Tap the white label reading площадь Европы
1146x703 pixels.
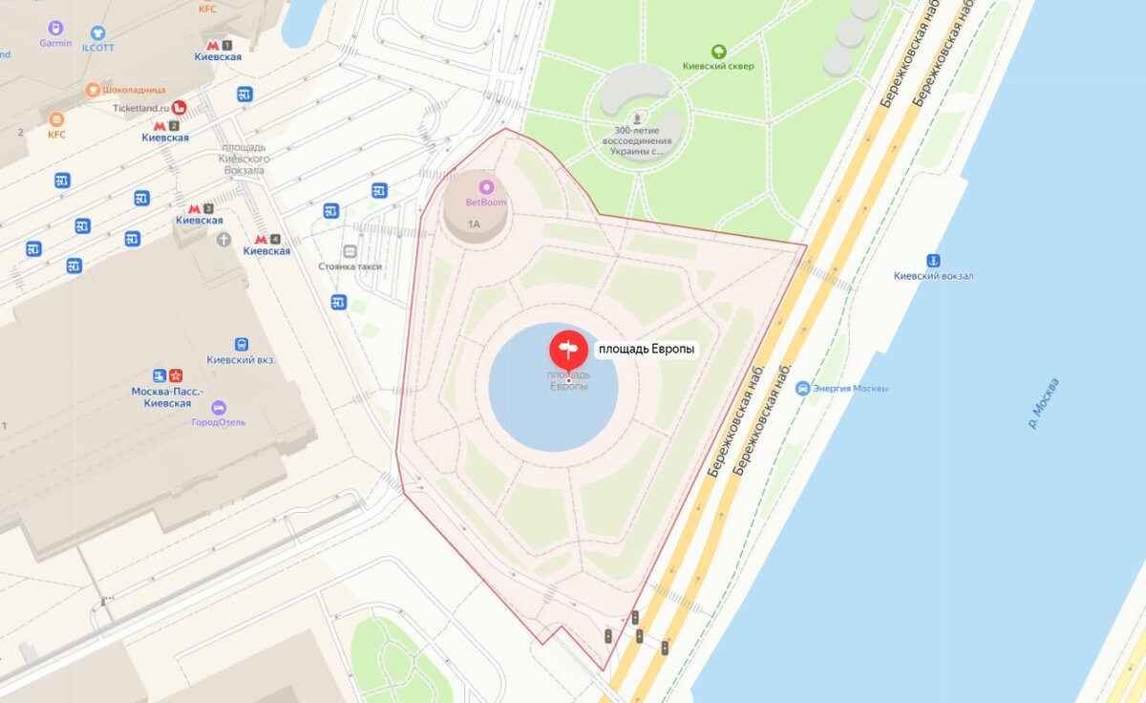pyautogui.click(x=647, y=350)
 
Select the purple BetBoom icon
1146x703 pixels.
pyautogui.click(x=486, y=187)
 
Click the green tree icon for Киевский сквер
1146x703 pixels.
pyautogui.click(x=718, y=51)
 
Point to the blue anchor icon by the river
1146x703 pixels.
pyautogui.click(x=933, y=261)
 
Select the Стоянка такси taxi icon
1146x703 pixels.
pyautogui.click(x=350, y=251)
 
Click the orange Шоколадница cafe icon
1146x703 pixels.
pyautogui.click(x=93, y=90)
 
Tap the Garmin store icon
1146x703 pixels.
pyautogui.click(x=55, y=29)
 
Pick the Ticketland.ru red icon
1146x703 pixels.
pyautogui.click(x=179, y=108)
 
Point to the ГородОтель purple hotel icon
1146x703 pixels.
pyautogui.click(x=219, y=408)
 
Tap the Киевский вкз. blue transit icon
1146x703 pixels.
pyautogui.click(x=242, y=345)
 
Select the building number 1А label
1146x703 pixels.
pyautogui.click(x=474, y=224)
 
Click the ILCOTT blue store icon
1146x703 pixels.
pyautogui.click(x=97, y=33)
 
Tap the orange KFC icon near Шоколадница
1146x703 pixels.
pyautogui.click(x=56, y=119)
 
